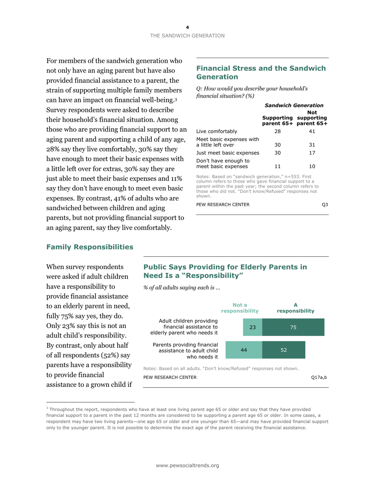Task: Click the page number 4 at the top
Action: coord(187,27)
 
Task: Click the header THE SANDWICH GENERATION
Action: coord(187,36)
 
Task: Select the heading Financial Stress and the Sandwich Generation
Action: coord(261,72)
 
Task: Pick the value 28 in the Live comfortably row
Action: coord(277,132)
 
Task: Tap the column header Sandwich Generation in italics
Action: coord(294,105)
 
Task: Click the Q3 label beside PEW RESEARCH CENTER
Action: coord(325,204)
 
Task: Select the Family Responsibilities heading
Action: coord(90,247)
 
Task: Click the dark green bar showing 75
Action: coord(293,327)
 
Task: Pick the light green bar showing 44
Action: coord(244,350)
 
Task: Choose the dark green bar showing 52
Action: coord(283,350)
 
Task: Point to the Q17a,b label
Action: coord(319,378)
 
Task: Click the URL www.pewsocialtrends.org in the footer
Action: coord(187,466)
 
